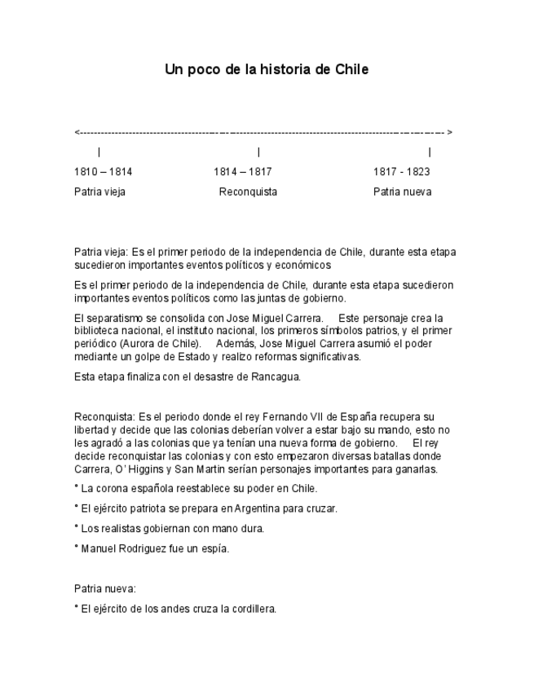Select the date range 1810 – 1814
tap(103, 172)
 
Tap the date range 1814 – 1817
tap(243, 172)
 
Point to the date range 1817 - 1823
tap(402, 172)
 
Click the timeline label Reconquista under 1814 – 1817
tap(248, 192)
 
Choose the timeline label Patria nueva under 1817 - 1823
tap(403, 192)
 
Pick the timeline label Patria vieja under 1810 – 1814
tap(99, 192)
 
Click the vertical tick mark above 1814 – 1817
tap(258, 152)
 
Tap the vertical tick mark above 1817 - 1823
tap(430, 152)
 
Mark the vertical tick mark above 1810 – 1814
tap(99, 152)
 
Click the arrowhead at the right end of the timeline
tap(450, 132)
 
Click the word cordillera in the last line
tap(254, 608)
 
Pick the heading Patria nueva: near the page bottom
tap(104, 588)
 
